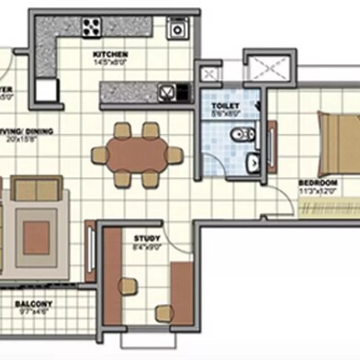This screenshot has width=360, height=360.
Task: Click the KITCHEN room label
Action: pos(109,55)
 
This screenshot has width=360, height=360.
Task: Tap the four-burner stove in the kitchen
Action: pos(93,27)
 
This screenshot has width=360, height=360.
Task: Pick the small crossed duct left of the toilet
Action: pos(209,73)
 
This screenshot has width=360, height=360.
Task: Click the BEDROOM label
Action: pos(318,184)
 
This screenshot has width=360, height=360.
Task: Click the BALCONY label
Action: pos(33,304)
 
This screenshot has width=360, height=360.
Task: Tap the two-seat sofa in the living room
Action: pos(37,191)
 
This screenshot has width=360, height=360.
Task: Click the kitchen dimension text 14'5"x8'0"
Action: pos(109,63)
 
